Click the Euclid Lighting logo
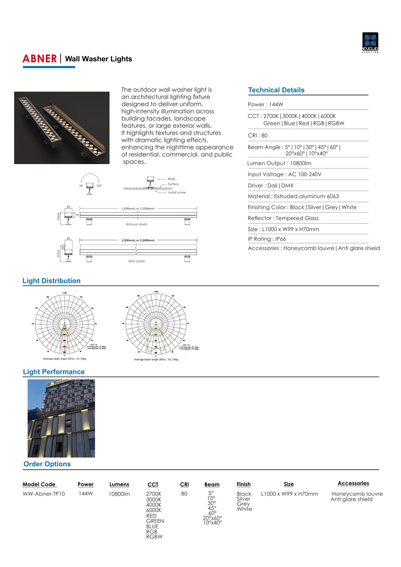(370, 42)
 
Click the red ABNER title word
(40, 59)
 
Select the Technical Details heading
(276, 90)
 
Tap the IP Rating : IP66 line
(267, 239)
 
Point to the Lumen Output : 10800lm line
(279, 163)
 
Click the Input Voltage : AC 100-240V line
(284, 174)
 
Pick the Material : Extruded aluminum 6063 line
(293, 196)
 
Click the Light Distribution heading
(52, 281)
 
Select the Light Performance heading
(54, 372)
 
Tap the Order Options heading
(47, 464)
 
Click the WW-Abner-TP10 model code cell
(44, 494)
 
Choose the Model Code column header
(39, 484)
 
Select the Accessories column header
(353, 483)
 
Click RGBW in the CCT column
(154, 536)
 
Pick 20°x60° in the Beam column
(212, 518)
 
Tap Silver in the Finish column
(243, 499)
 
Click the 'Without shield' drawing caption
(136, 224)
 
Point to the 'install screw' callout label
(177, 192)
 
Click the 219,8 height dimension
(59, 254)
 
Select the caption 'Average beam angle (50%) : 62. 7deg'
(156, 359)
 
